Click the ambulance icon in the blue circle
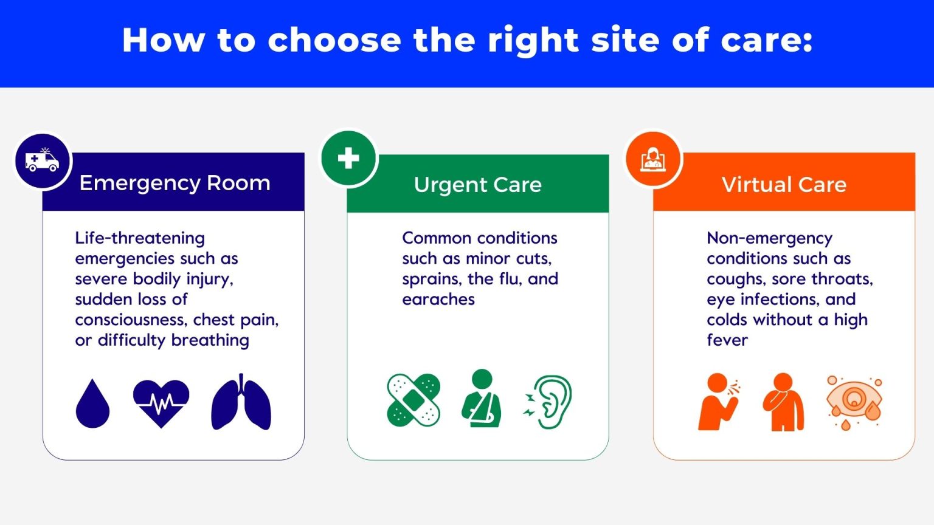pyautogui.click(x=42, y=160)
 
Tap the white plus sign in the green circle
pyautogui.click(x=348, y=158)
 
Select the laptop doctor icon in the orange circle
pyautogui.click(x=654, y=159)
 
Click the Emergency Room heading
pyautogui.click(x=175, y=183)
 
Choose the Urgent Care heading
pyautogui.click(x=477, y=185)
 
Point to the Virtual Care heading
pyautogui.click(x=784, y=185)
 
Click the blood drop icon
pyautogui.click(x=92, y=403)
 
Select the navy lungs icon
pyautogui.click(x=241, y=403)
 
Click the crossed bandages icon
pyautogui.click(x=413, y=400)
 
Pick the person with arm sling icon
pyautogui.click(x=482, y=399)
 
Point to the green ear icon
pyautogui.click(x=549, y=402)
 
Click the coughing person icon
pyautogui.click(x=719, y=402)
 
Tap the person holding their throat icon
pyautogui.click(x=783, y=402)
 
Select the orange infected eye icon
pyautogui.click(x=854, y=402)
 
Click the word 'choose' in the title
pyautogui.click(x=334, y=40)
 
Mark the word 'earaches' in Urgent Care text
pyautogui.click(x=438, y=300)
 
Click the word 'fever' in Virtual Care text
pyautogui.click(x=727, y=340)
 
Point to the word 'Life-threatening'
pyautogui.click(x=140, y=238)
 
